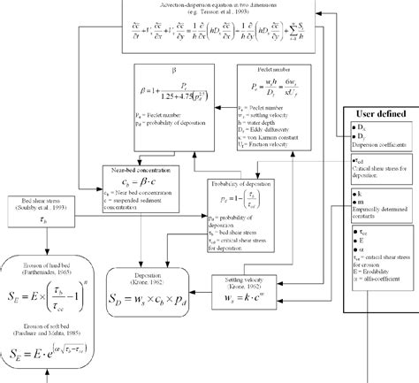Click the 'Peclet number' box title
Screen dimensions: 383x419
[274, 68]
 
